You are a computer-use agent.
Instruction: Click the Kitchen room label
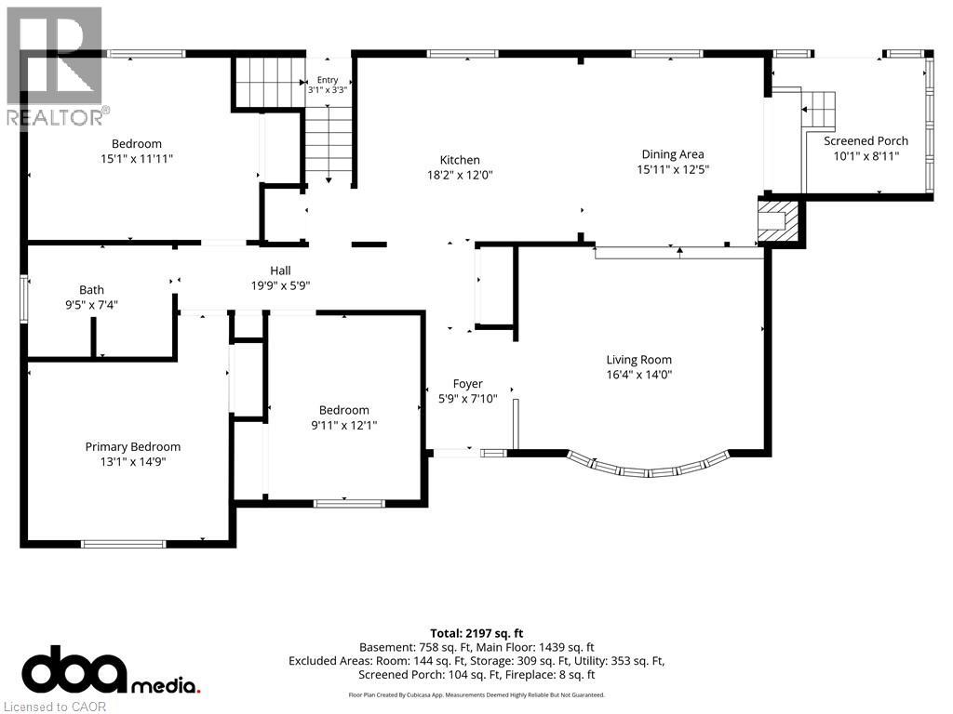460,160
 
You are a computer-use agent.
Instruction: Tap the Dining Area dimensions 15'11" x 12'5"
673,169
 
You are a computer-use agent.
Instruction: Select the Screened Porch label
866,141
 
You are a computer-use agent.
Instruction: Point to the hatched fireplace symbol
778,219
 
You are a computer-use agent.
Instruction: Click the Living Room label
638,360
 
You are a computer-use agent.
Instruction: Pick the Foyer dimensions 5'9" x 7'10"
467,399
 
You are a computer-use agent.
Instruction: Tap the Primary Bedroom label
132,447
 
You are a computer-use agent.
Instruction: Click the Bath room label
91,290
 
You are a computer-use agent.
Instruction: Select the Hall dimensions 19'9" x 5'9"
280,285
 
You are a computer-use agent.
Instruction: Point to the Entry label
328,80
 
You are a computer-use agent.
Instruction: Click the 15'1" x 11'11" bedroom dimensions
137,159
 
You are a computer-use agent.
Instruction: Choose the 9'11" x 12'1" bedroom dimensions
344,425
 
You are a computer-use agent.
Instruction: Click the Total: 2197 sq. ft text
476,633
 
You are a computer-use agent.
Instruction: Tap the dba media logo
111,669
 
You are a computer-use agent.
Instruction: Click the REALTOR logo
56,67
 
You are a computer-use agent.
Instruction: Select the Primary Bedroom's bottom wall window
124,544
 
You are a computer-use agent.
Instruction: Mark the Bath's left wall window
24,299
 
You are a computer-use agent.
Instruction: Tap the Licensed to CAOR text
55,707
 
